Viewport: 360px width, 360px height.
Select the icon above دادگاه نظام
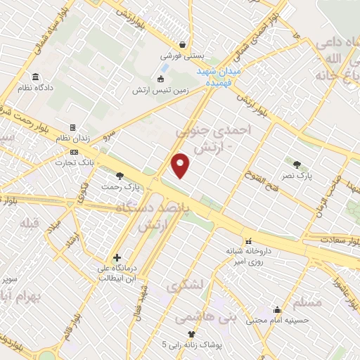click(x=35, y=77)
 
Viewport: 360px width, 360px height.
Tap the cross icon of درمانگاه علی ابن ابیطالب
click(x=117, y=257)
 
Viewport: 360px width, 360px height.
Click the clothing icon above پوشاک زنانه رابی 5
click(x=190, y=335)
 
